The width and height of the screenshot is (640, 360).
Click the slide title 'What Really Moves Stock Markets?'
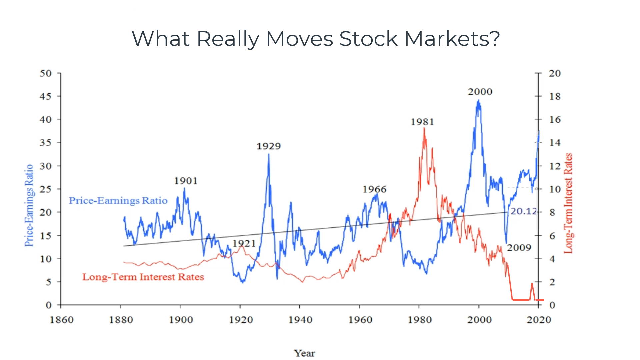(316, 39)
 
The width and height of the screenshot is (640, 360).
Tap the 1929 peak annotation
(268, 146)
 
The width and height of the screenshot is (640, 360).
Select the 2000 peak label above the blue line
(480, 92)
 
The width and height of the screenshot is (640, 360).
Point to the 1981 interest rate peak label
(422, 122)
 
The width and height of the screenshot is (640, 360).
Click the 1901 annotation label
(186, 181)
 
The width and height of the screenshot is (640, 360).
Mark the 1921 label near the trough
(244, 243)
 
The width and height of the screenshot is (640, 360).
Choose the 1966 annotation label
(374, 189)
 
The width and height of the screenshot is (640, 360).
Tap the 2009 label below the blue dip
(519, 248)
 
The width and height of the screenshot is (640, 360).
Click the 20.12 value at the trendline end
(523, 211)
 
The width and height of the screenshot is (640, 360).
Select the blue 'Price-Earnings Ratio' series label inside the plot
(118, 200)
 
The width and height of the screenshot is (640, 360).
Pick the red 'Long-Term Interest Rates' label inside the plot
(143, 277)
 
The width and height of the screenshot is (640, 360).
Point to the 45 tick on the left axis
(45, 96)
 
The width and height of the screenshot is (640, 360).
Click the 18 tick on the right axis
(555, 96)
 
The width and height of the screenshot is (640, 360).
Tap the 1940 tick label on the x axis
(300, 320)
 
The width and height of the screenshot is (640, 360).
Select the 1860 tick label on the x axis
(61, 320)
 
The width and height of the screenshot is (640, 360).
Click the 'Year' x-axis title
(304, 353)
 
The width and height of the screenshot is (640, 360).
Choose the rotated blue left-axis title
(29, 205)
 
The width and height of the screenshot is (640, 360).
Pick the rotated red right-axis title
(568, 203)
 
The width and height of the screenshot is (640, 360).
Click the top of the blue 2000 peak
(479, 100)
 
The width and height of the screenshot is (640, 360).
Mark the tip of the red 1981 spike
(424, 128)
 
